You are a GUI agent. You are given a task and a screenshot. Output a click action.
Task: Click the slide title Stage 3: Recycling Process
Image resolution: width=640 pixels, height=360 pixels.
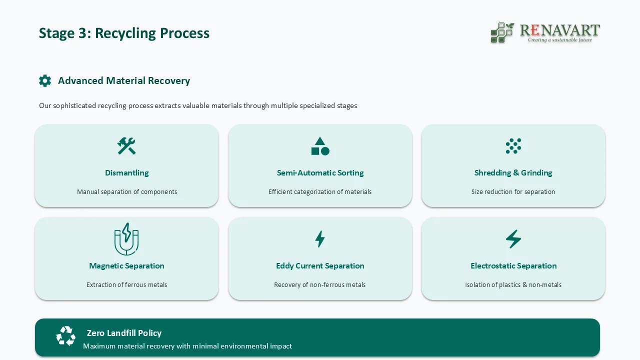click(124, 33)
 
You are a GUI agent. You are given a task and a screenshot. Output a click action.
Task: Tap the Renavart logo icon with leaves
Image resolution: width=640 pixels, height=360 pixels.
click(502, 33)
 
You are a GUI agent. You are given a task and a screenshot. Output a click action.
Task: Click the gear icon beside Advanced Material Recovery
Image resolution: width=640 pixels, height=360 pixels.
click(45, 80)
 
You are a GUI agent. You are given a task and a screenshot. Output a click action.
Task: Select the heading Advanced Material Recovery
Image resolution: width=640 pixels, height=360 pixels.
click(123, 80)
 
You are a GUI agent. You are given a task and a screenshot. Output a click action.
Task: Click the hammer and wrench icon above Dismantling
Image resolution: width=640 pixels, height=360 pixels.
click(126, 146)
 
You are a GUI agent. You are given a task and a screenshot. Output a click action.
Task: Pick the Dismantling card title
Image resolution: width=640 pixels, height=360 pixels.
click(126, 172)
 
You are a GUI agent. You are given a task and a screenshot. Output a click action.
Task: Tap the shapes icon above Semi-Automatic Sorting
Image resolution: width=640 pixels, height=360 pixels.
click(320, 146)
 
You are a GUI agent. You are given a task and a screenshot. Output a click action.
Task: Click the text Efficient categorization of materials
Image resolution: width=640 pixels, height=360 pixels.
click(320, 191)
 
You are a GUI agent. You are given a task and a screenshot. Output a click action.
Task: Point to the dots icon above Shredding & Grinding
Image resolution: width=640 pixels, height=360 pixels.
click(513, 146)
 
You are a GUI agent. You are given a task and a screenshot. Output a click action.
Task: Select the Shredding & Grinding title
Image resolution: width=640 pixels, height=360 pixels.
click(513, 172)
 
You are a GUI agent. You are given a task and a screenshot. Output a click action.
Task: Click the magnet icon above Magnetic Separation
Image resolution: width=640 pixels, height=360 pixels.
click(126, 239)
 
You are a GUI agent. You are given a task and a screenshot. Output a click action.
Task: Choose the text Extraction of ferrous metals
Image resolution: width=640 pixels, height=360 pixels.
click(126, 284)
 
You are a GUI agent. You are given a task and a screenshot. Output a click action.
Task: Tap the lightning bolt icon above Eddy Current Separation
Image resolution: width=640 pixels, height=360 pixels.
click(320, 239)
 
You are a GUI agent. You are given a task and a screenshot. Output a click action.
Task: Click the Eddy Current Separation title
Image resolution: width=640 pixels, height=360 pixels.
click(320, 265)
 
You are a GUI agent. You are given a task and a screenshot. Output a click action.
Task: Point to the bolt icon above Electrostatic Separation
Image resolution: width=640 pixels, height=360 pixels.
click(513, 239)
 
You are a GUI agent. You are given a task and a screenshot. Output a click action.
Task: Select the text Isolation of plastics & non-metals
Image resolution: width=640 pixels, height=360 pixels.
click(513, 284)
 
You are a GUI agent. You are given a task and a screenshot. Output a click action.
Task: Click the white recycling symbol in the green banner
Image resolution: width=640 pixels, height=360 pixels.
click(65, 336)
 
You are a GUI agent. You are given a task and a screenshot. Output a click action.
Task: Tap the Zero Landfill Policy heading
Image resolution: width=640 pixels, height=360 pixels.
click(124, 332)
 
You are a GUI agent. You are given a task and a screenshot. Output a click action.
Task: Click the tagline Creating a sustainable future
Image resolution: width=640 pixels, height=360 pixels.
click(559, 40)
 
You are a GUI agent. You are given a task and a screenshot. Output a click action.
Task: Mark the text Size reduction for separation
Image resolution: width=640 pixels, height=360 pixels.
click(513, 191)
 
